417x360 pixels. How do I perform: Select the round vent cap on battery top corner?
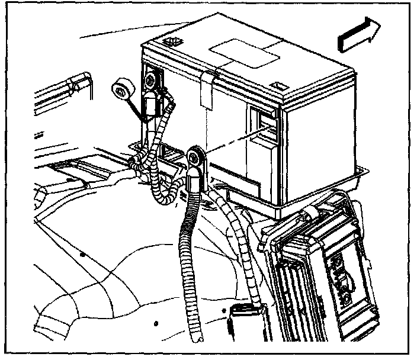174,41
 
